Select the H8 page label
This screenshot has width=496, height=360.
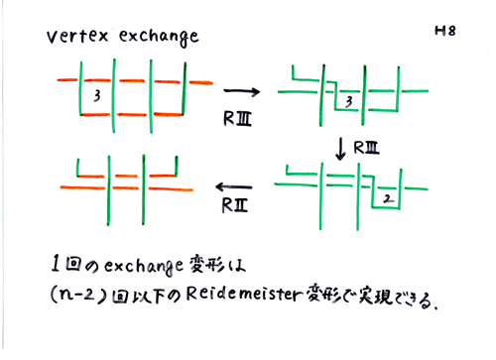443,31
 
